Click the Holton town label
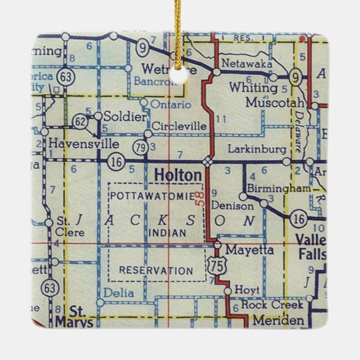click(178, 176)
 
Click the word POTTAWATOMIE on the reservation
click(152, 196)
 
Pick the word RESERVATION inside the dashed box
click(156, 271)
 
